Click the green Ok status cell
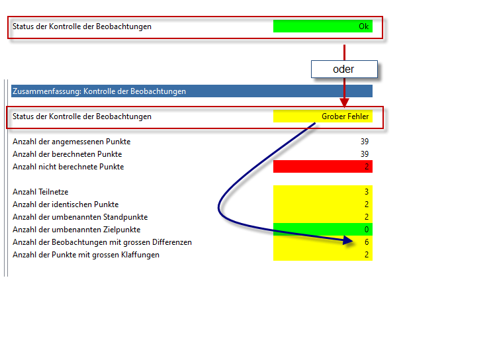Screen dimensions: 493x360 (323, 26)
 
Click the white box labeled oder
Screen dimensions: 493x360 (344, 69)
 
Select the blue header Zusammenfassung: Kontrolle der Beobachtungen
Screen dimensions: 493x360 (192, 91)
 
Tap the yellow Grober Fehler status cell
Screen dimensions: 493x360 (323, 116)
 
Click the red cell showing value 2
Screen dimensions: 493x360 (323, 167)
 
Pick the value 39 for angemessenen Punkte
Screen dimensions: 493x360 (365, 142)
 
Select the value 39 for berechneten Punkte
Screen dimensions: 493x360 (365, 154)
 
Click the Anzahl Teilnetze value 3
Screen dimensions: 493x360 (367, 192)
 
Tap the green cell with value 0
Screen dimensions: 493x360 (323, 230)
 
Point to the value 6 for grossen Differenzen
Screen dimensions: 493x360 (367, 242)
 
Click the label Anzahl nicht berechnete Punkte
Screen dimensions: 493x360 (68, 167)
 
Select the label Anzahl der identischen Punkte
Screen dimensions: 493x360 (66, 204)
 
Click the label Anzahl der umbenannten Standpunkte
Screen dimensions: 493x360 (80, 217)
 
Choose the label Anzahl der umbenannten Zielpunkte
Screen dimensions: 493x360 (76, 230)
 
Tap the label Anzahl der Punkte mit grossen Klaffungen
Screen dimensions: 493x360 (86, 255)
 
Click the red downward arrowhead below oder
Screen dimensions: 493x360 (344, 103)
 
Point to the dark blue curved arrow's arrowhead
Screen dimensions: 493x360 (348, 240)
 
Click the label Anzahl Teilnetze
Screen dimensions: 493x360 (40, 192)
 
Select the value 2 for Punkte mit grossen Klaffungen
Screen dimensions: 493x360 (367, 255)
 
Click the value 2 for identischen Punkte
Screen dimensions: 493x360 (367, 204)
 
